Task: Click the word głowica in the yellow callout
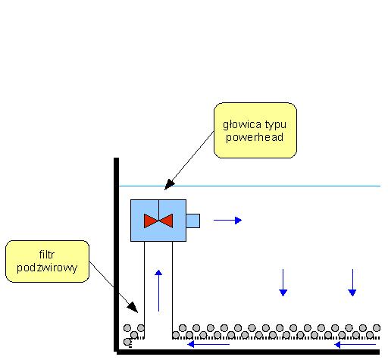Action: (239, 125)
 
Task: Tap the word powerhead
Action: (255, 137)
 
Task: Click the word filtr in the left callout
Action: (47, 255)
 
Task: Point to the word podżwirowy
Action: (47, 268)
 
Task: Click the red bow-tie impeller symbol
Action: (158, 221)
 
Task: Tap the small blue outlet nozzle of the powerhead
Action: (193, 221)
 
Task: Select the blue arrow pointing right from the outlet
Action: (227, 221)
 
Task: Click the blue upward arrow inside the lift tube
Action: (158, 290)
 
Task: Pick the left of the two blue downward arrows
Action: (283, 283)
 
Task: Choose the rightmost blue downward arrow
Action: (352, 283)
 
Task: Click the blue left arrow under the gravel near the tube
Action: (208, 344)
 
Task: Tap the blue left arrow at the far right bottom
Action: (355, 344)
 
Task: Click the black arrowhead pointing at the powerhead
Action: (169, 184)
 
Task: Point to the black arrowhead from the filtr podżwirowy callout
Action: (133, 307)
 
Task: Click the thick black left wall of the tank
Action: (116, 255)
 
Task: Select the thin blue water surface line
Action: (249, 186)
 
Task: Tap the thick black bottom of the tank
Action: (248, 352)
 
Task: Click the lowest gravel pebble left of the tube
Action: (127, 342)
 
